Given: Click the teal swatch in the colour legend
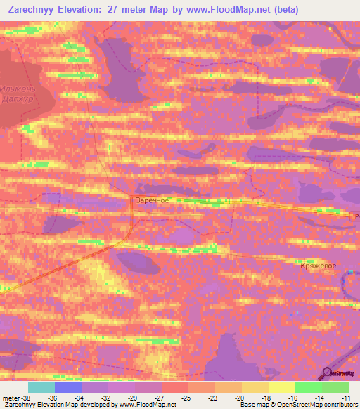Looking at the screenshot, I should coord(41,387).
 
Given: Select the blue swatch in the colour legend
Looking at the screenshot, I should coord(68,387).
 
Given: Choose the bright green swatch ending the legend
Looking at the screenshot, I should coord(335,387).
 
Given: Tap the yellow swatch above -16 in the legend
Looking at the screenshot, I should coord(281,387).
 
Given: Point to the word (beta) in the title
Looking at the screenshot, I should coord(282,10).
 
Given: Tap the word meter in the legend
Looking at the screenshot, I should coord(11,397).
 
